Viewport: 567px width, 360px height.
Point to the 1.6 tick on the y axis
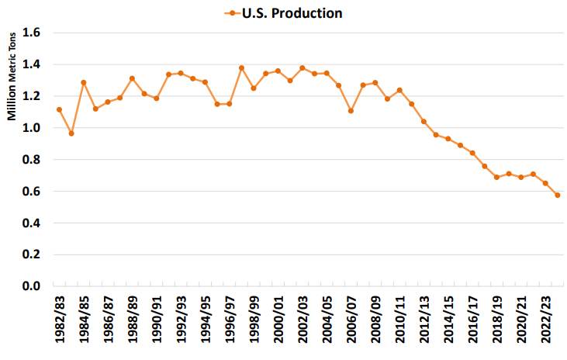coord(32,33)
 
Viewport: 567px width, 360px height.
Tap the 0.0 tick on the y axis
coord(32,286)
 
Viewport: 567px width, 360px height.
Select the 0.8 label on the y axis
coord(32,160)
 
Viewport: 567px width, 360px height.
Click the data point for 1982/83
coord(59,109)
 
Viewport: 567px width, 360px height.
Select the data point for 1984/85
coord(83,83)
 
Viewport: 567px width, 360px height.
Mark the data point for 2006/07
coord(351,111)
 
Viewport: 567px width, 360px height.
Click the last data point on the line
coord(558,195)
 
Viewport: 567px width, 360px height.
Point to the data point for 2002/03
coord(302,68)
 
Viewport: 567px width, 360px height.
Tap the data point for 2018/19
coord(496,177)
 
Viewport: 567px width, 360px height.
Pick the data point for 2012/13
coord(424,122)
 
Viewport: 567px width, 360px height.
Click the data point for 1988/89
coord(132,78)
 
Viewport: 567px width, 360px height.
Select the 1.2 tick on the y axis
coord(32,97)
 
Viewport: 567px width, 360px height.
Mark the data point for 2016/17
coord(472,153)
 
